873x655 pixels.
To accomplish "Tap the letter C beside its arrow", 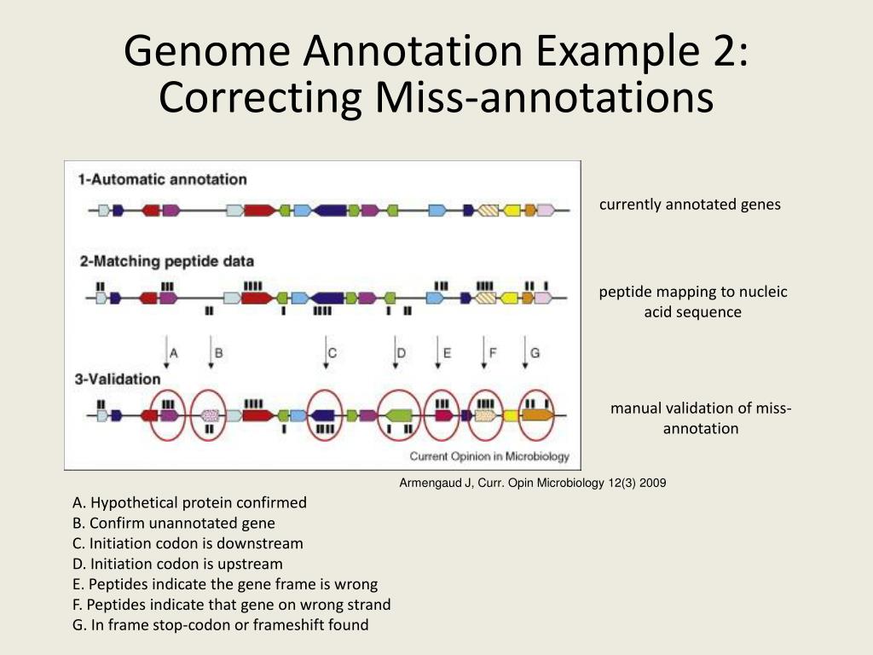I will coord(332,351).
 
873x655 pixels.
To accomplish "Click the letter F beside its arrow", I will coord(492,351).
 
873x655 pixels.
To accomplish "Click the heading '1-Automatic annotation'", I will coord(162,179).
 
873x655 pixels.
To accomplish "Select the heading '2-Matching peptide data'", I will coord(166,261).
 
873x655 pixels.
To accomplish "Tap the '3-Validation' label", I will coord(119,379).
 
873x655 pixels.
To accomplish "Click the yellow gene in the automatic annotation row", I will coord(512,210).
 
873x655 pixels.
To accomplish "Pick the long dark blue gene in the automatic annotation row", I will coord(329,210).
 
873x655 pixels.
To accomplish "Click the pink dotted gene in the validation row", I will coord(210,415).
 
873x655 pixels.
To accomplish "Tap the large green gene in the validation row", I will coord(398,415).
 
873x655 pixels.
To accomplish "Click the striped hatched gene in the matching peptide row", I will coord(487,298).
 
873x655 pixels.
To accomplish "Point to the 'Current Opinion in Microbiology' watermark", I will coord(489,455).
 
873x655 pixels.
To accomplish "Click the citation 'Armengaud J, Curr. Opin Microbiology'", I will coord(533,483).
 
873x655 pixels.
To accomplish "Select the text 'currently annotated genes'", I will coord(690,205).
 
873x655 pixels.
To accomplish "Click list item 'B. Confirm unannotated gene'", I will coord(174,523).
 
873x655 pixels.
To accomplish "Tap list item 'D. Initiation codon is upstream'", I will coord(177,564).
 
